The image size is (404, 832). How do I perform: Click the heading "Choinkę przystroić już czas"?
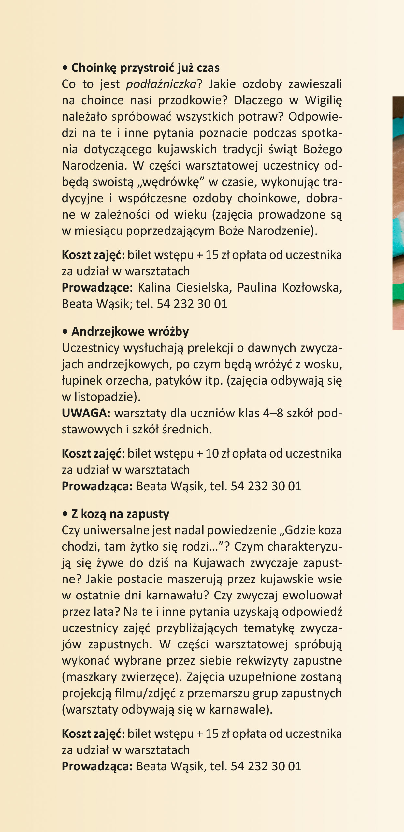tap(145, 68)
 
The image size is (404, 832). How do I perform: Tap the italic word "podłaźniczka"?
tap(161, 84)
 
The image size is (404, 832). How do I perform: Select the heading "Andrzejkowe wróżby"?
tap(130, 332)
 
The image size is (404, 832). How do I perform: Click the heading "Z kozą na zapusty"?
tap(120, 514)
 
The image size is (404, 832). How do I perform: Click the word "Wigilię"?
tap(323, 100)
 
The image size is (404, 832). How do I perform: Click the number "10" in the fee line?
tap(212, 454)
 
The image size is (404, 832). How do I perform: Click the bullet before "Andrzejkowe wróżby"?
tap(65, 332)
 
